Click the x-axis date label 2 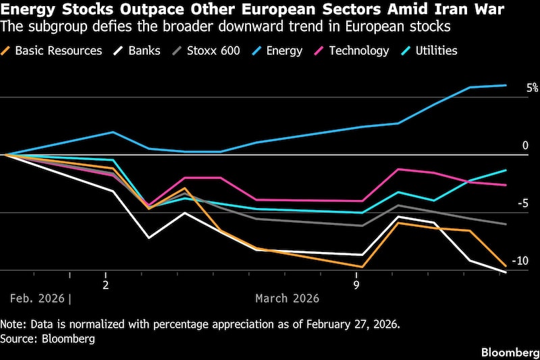[x=105, y=284]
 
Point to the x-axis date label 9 [x=356, y=284]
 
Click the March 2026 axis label [x=287, y=298]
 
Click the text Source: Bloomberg [x=48, y=338]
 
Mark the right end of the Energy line [x=506, y=85]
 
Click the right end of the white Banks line [x=506, y=272]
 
